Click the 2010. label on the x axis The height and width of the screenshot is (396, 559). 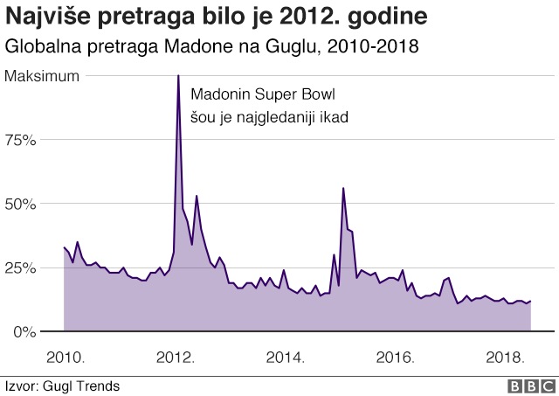(65, 358)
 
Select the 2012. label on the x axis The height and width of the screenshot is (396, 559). (175, 358)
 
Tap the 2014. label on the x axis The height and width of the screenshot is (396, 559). (285, 358)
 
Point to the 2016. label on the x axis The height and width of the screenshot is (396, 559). (395, 358)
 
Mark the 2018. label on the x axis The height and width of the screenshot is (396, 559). (505, 358)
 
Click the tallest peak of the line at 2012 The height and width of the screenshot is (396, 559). (178, 77)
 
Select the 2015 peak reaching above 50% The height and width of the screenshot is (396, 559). (343, 189)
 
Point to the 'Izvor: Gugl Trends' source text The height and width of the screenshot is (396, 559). (62, 386)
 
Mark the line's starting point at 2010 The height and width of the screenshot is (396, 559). (65, 247)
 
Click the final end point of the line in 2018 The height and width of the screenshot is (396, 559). (530, 301)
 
